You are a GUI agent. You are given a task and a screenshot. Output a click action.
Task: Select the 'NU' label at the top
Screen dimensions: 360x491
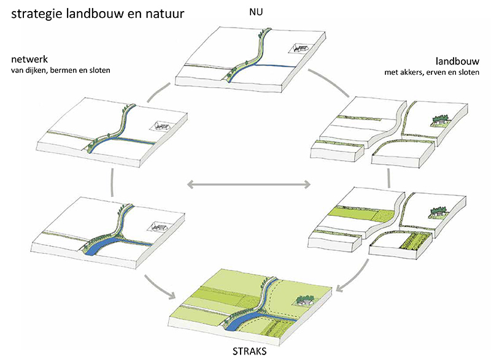pos(253,11)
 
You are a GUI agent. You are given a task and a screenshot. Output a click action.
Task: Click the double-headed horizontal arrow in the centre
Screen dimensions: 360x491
pos(248,183)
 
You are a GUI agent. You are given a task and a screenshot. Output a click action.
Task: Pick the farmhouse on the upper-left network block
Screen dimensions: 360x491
pos(161,126)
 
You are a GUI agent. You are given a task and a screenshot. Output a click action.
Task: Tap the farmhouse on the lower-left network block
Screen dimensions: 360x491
pos(157,228)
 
